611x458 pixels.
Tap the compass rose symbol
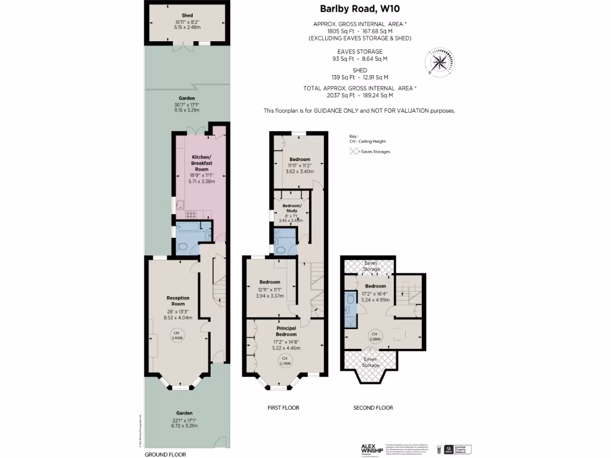439,63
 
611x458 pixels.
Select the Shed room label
187,16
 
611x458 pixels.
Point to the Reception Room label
178,301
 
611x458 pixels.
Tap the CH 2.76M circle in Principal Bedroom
285,360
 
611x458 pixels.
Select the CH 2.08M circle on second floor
375,336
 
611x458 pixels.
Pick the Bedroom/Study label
292,208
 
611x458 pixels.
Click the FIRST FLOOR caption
283,408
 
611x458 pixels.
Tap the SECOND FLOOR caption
374,408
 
